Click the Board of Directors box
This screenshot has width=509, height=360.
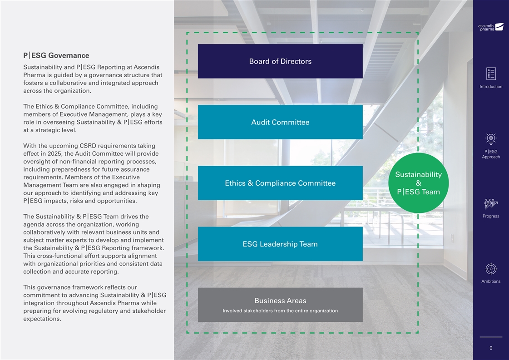280,61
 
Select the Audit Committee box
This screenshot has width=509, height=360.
280,122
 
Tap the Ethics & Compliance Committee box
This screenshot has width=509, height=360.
280,183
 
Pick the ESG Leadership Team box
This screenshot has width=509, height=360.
280,244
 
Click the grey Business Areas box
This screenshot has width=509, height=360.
280,305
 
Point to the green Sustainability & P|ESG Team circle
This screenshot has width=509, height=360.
418,183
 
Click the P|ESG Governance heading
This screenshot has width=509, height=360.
56,55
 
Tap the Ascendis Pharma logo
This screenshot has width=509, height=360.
491,27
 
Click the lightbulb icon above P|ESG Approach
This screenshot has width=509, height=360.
491,138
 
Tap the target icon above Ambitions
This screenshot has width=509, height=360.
491,269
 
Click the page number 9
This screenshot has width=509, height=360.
491,348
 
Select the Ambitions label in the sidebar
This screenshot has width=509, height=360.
491,281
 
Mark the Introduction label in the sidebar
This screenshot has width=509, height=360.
491,87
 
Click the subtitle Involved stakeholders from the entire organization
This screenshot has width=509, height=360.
280,311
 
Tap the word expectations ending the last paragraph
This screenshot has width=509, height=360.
41,319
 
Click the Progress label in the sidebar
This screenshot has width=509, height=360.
491,216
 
